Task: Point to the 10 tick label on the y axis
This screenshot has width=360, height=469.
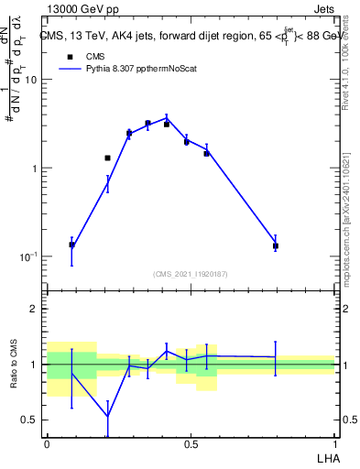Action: tap(29, 80)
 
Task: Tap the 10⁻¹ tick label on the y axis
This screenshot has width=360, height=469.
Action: tap(27, 256)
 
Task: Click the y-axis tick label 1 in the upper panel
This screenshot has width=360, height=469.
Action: tap(34, 169)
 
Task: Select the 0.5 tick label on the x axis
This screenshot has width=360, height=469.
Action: tap(191, 442)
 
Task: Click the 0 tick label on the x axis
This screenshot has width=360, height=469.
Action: tap(46, 442)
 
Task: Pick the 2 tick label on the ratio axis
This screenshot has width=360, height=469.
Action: tap(34, 309)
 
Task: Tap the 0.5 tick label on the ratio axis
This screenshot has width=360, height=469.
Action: tap(29, 420)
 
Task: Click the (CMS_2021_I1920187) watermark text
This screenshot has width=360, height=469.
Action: tap(191, 274)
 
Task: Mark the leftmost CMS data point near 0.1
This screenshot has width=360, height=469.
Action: tap(72, 245)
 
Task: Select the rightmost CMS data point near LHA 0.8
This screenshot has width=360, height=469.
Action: tap(275, 245)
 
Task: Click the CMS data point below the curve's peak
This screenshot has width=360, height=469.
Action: tap(167, 124)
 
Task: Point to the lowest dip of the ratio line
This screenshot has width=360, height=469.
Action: tap(108, 416)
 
